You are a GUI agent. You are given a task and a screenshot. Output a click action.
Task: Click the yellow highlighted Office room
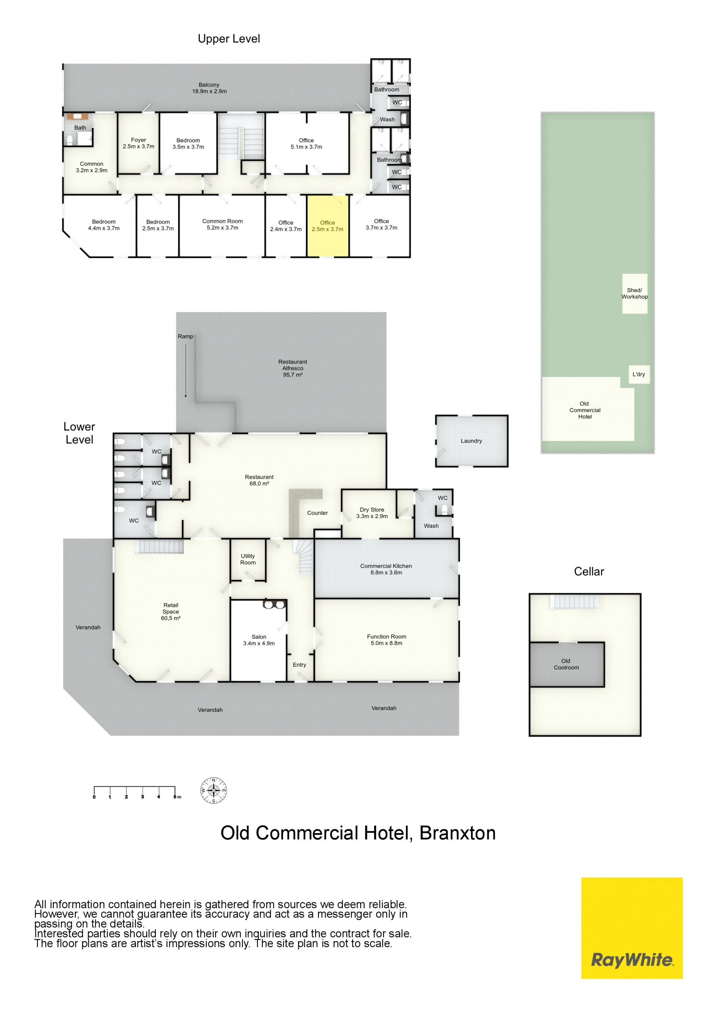pyautogui.click(x=328, y=225)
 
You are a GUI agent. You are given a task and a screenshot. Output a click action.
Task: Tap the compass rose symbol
pyautogui.click(x=214, y=790)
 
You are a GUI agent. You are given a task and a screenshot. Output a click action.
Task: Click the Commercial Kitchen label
pyautogui.click(x=386, y=569)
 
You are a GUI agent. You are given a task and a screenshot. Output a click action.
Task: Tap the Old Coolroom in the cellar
pyautogui.click(x=567, y=664)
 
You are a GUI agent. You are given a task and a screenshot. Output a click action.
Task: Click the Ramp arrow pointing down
pyautogui.click(x=186, y=371)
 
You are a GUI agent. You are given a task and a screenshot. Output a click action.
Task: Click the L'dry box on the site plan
pyautogui.click(x=639, y=374)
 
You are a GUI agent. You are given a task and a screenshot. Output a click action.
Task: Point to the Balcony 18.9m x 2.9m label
pyautogui.click(x=209, y=88)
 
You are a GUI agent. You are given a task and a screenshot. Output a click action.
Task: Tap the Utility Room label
pyautogui.click(x=248, y=559)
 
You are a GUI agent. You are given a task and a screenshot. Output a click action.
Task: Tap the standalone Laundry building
pyautogui.click(x=472, y=441)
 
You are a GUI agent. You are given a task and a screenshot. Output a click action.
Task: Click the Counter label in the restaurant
pyautogui.click(x=317, y=513)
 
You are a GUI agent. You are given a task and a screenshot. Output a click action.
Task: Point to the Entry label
pyautogui.click(x=299, y=665)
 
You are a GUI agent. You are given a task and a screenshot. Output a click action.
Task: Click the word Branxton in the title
pyautogui.click(x=457, y=833)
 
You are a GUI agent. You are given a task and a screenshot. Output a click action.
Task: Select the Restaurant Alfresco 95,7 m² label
pyautogui.click(x=293, y=368)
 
